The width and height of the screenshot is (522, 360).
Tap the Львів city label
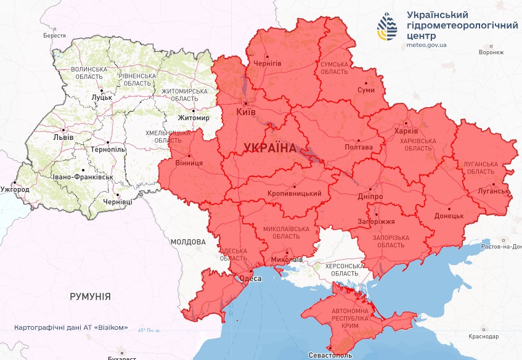coord(63,137)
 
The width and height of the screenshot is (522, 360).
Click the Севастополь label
coord(330,356)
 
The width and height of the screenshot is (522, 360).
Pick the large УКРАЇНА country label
coord(270,148)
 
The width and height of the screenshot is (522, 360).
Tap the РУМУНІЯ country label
coord(90,297)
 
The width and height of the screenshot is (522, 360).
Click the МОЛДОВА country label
coord(188,242)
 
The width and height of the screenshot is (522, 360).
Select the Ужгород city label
coord(15,189)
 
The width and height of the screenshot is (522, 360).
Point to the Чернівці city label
coord(118,202)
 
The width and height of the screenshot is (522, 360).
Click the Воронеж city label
coord(491,53)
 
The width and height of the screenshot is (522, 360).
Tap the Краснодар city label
coord(483,337)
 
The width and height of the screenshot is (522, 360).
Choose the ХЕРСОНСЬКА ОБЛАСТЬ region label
coord(336,269)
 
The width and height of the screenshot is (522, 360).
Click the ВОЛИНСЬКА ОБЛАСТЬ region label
coord(89,73)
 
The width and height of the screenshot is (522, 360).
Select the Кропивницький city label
coord(295,194)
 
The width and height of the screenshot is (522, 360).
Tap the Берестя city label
coord(54,36)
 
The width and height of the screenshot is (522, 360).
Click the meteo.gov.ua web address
coord(427,45)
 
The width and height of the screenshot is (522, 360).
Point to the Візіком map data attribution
coord(71,327)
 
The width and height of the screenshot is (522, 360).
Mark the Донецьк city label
coord(449,216)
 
